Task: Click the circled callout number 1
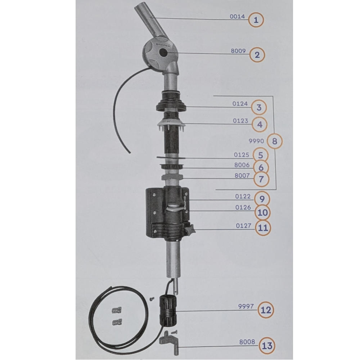tap(256, 20)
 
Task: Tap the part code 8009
tap(238, 51)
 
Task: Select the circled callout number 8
tap(275, 141)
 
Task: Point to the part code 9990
tap(256, 141)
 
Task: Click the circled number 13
tap(267, 346)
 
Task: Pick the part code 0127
tap(244, 226)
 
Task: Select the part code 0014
tap(237, 17)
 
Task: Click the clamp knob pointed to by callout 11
tap(190, 229)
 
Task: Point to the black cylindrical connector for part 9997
tap(168, 311)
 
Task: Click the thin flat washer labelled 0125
tap(171, 158)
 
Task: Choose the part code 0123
tap(240, 121)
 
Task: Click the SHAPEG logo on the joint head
tap(163, 45)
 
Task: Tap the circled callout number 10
tap(263, 213)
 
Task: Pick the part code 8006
tap(242, 165)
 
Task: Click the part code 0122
tap(243, 197)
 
